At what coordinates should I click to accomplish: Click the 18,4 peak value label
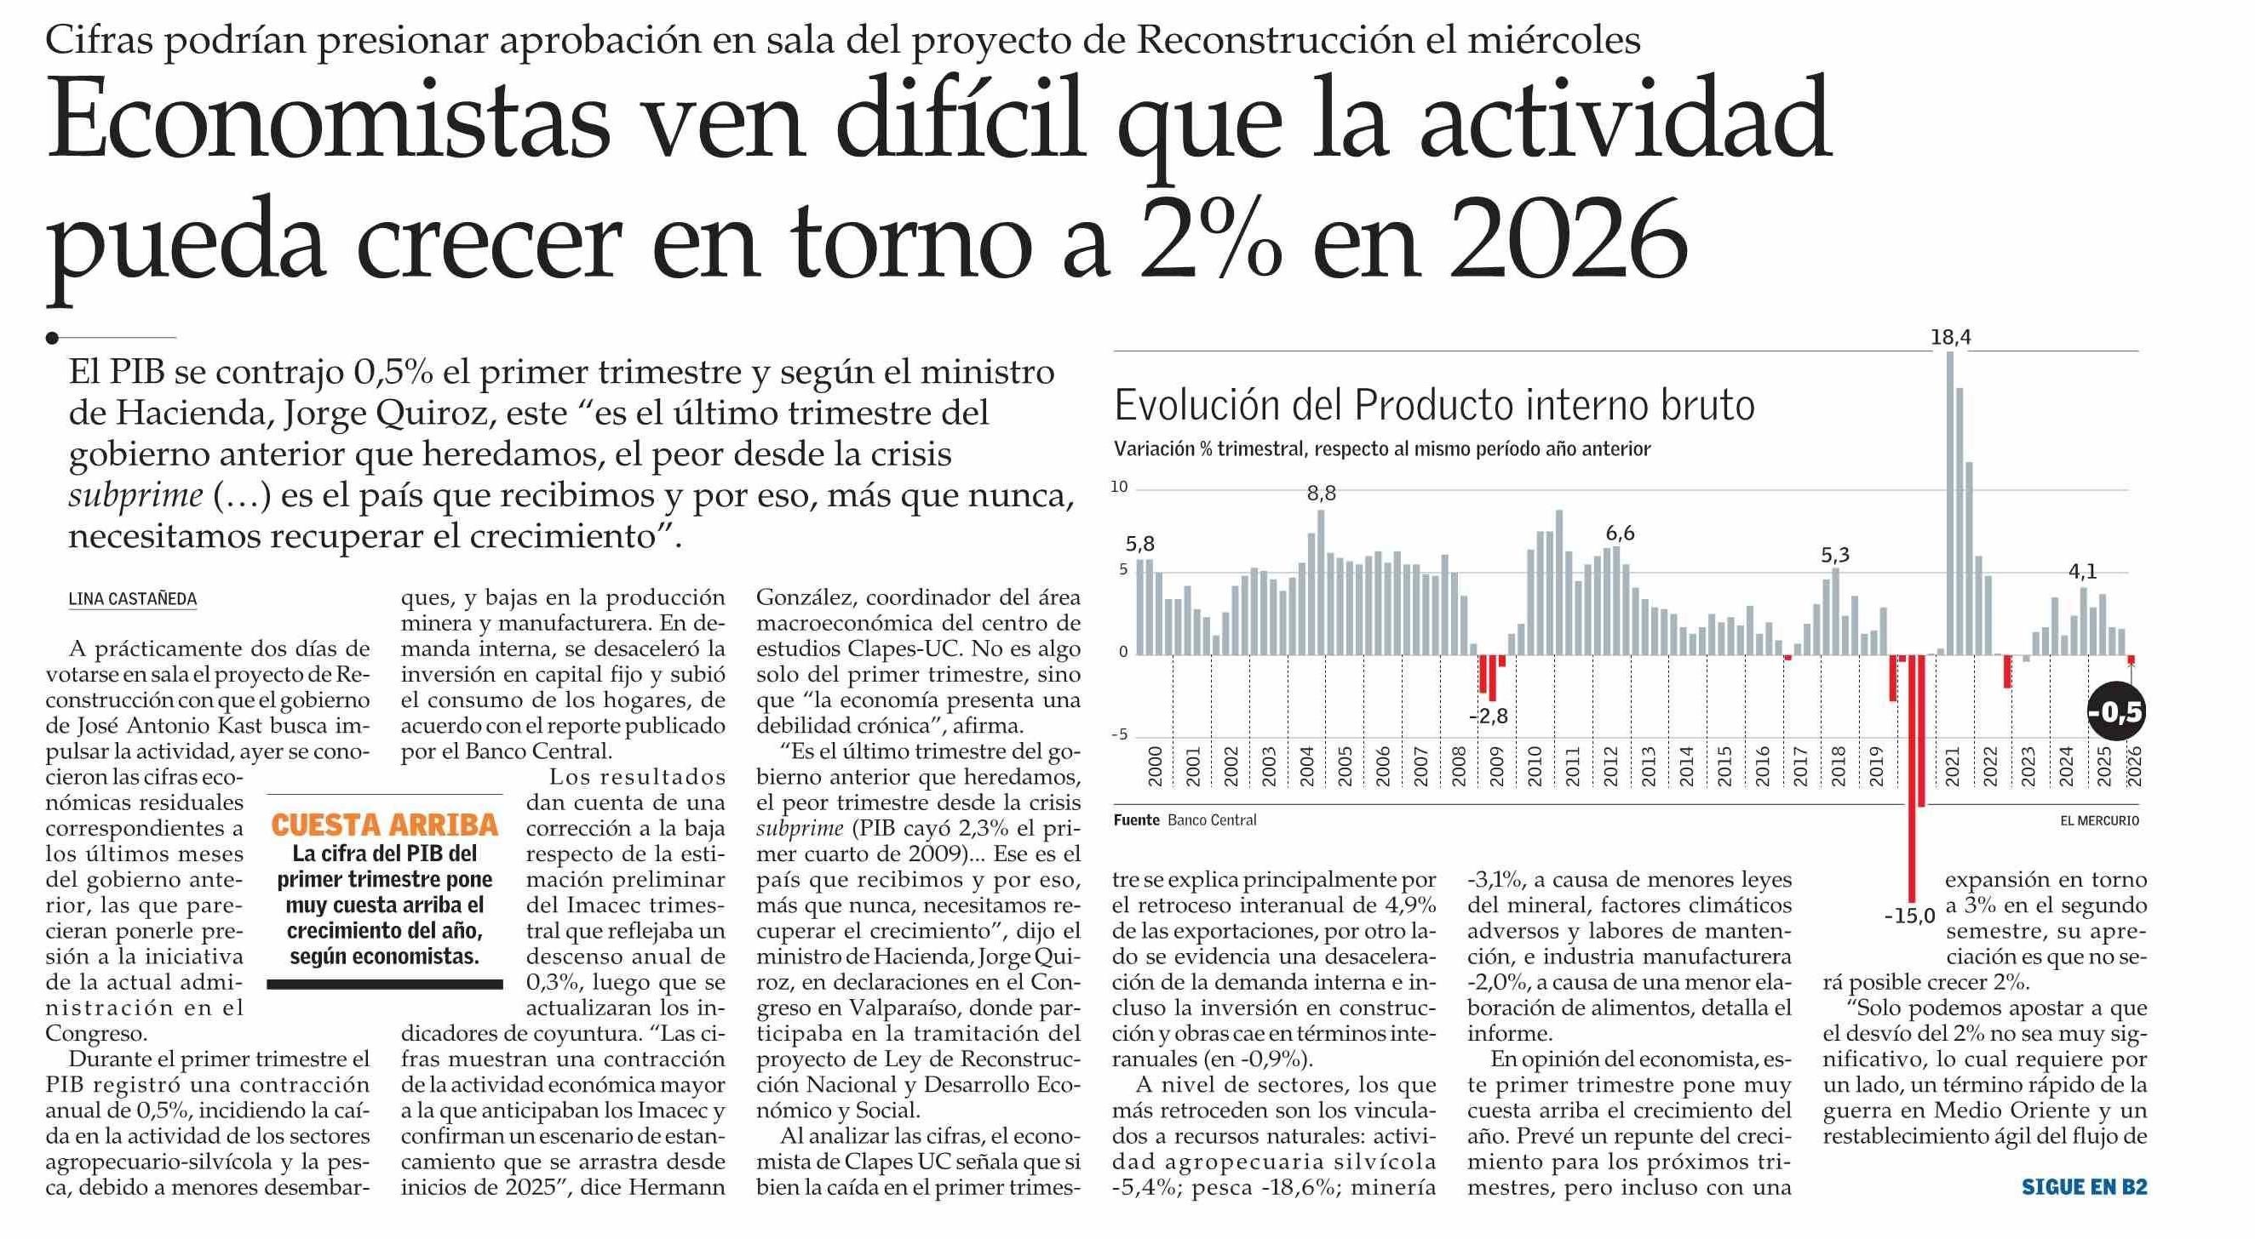pos(1951,337)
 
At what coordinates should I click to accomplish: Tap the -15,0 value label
pos(1910,917)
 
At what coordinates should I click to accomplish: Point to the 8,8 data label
pos(1322,494)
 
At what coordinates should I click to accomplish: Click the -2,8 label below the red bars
pos(1489,716)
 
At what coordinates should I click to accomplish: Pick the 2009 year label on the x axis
pos(1497,768)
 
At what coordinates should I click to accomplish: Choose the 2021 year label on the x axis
pos(1951,768)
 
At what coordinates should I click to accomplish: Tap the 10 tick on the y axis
pos(1120,488)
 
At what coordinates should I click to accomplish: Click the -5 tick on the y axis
pos(1121,734)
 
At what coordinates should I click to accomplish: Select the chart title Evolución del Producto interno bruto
pos(1435,406)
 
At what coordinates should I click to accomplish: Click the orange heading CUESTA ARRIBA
pos(384,825)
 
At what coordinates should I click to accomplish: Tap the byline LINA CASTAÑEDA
pos(133,599)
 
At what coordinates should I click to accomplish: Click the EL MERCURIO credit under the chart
pos(2099,820)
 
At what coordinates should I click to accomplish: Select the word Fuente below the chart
pos(1136,819)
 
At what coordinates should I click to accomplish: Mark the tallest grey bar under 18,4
pos(1950,502)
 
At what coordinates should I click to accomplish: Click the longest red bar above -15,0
pos(1913,778)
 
